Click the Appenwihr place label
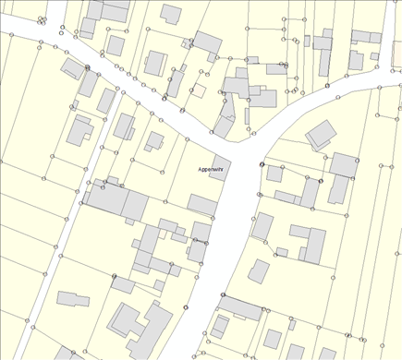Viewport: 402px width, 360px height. point(212,170)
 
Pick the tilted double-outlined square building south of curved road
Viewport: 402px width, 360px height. point(321,135)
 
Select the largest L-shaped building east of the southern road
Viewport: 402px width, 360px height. point(311,243)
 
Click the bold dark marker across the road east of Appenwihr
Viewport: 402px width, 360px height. point(262,165)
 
